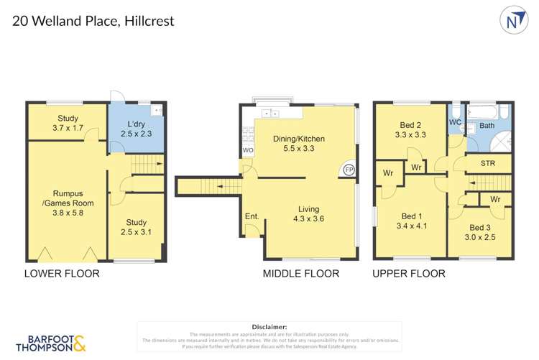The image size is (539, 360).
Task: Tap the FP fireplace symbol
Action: (349, 170)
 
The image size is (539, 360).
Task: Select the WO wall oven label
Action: (248, 150)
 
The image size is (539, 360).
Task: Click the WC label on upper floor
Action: (454, 123)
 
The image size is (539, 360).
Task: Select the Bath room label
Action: (487, 126)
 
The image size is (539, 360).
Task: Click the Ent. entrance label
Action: (252, 216)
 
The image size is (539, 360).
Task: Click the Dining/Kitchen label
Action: (299, 144)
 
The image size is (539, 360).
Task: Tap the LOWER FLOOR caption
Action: (61, 273)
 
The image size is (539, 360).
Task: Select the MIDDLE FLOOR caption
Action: (300, 273)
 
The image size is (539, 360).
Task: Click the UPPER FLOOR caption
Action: (408, 273)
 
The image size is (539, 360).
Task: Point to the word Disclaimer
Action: (269, 327)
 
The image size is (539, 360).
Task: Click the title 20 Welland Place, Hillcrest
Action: (93, 21)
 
